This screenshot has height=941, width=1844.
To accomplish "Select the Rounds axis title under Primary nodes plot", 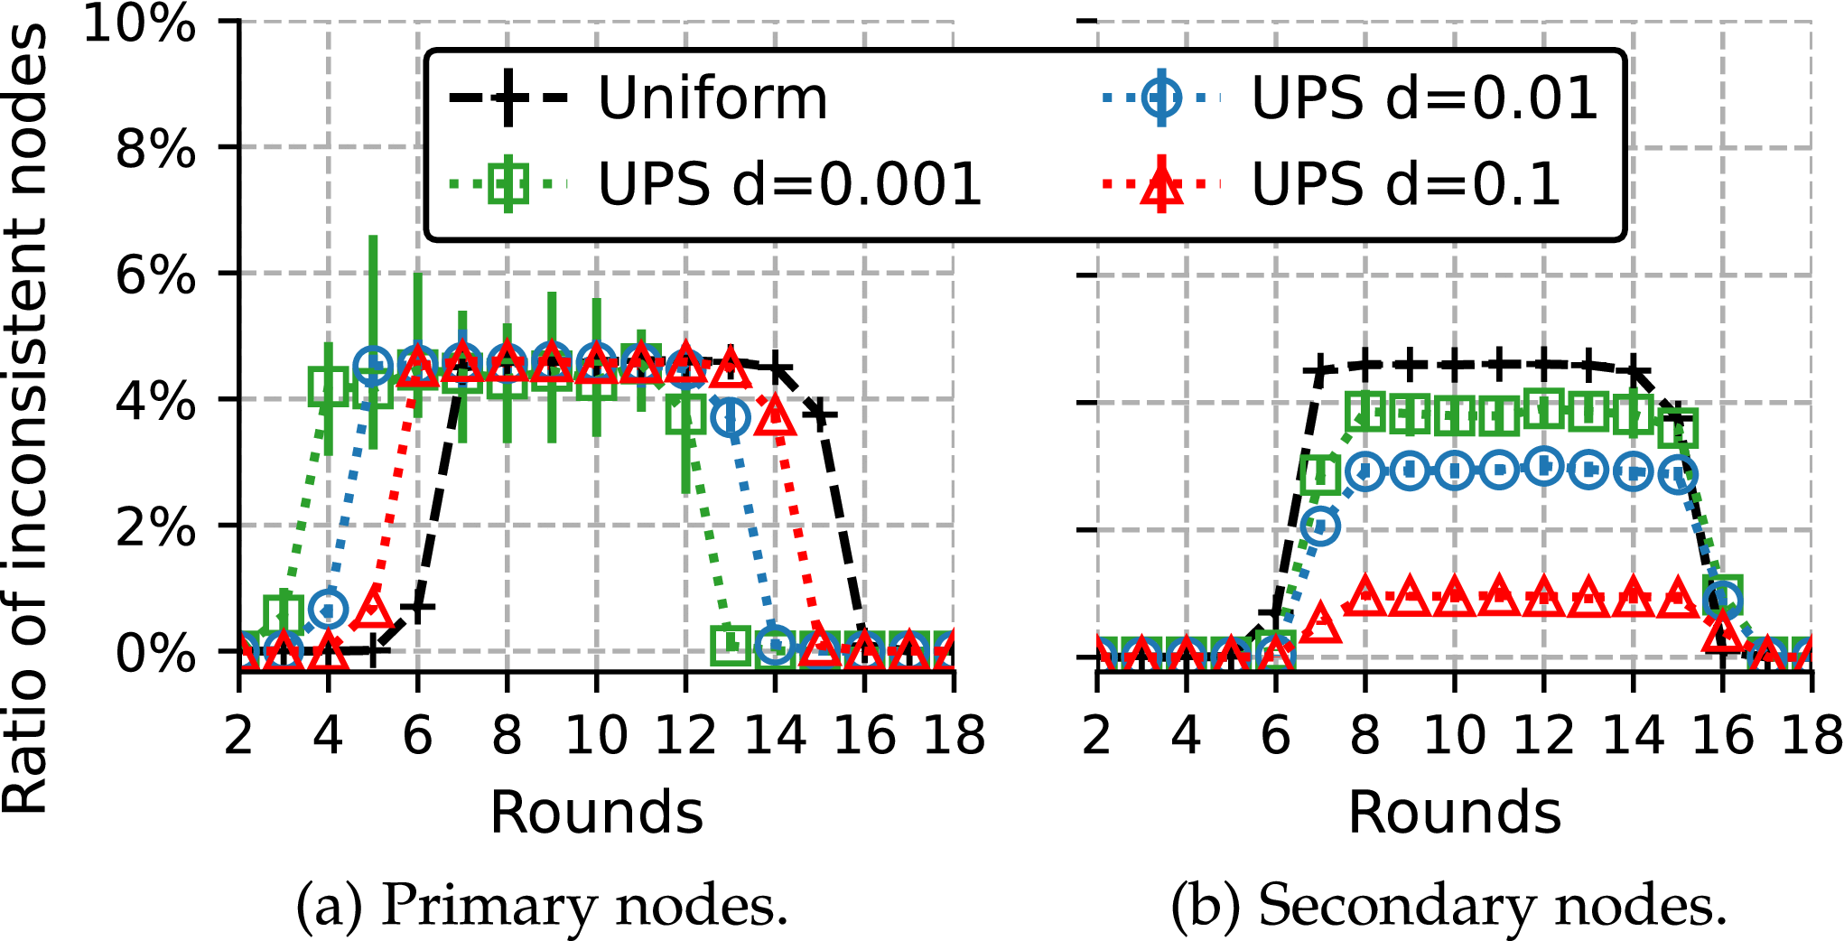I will click(596, 812).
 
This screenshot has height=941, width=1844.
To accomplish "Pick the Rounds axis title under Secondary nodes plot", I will click(1454, 812).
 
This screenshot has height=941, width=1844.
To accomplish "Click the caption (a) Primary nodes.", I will click(542, 905).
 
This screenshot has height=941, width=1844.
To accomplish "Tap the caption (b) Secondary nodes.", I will click(1448, 905).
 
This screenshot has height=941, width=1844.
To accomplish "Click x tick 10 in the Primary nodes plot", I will click(596, 735).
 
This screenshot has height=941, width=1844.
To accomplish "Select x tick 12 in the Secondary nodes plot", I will click(1543, 735).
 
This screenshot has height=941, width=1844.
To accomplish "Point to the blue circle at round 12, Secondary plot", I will click(1543, 467).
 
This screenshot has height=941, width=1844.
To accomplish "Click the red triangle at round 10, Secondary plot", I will click(1454, 596).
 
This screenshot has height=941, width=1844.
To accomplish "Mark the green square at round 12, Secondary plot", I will click(1543, 409).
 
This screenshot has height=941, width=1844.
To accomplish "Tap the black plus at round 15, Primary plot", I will click(820, 415).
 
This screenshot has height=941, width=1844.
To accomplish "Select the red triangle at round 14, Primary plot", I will click(775, 416).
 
